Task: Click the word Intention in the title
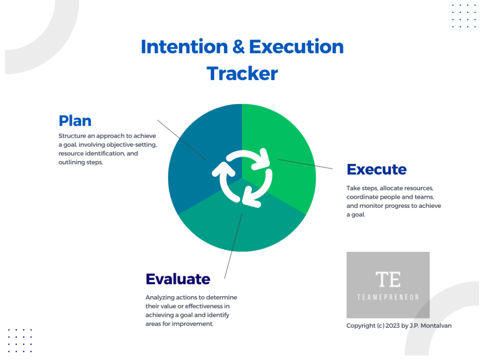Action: pyautogui.click(x=184, y=47)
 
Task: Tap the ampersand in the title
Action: pyautogui.click(x=238, y=47)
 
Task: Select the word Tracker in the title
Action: pyautogui.click(x=242, y=74)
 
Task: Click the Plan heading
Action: pyautogui.click(x=75, y=121)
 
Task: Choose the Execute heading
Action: pyautogui.click(x=377, y=169)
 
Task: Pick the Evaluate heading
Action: pyautogui.click(x=178, y=279)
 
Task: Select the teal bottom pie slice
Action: pyautogui.click(x=242, y=228)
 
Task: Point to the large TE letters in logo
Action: pyautogui.click(x=388, y=280)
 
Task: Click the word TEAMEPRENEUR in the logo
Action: pyautogui.click(x=388, y=297)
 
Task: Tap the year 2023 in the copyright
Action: pyautogui.click(x=392, y=326)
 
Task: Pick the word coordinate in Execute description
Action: pyautogui.click(x=360, y=197)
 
